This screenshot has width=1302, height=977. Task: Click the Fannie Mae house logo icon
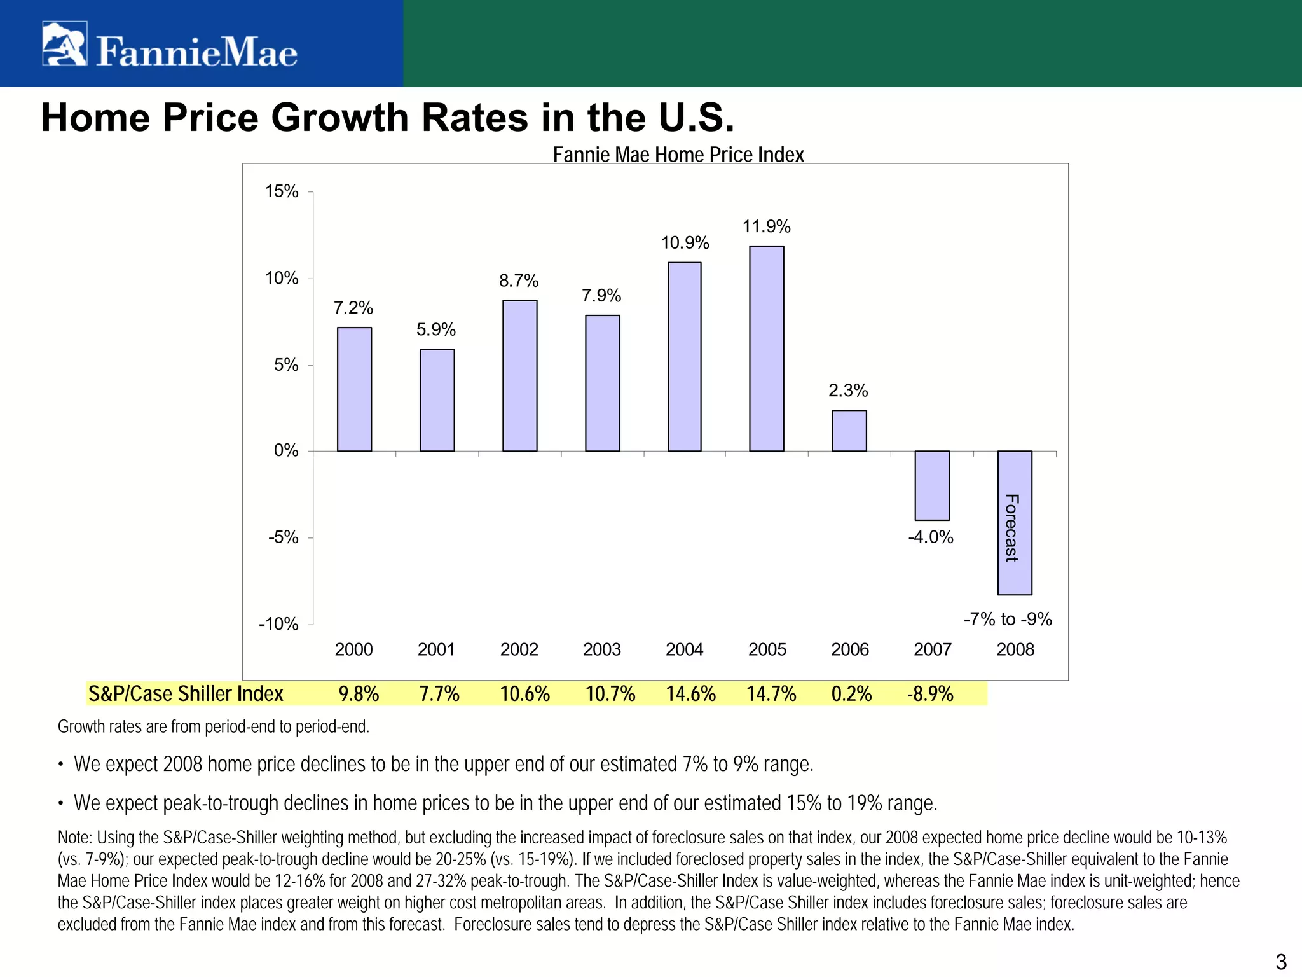(64, 43)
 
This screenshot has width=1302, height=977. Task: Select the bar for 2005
(766, 349)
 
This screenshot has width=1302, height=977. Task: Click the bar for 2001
(437, 400)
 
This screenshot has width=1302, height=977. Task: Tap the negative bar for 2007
(931, 485)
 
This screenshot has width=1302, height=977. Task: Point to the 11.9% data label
(766, 226)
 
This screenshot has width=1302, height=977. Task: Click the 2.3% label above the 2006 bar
(847, 391)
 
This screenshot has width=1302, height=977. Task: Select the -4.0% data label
(931, 537)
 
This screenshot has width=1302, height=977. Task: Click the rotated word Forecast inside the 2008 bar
(1011, 528)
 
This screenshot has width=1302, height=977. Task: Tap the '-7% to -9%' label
(1008, 619)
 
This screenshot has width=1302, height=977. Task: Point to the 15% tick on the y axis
(282, 191)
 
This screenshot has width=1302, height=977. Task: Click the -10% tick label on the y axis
(278, 624)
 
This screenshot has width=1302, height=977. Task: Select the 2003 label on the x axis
(601, 649)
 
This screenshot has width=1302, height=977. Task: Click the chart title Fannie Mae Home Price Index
(678, 155)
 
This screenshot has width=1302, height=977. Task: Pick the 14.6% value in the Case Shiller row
(690, 693)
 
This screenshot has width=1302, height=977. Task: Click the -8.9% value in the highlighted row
(929, 693)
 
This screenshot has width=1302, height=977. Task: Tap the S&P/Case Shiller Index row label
(186, 693)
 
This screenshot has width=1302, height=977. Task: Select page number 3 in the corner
(1281, 961)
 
